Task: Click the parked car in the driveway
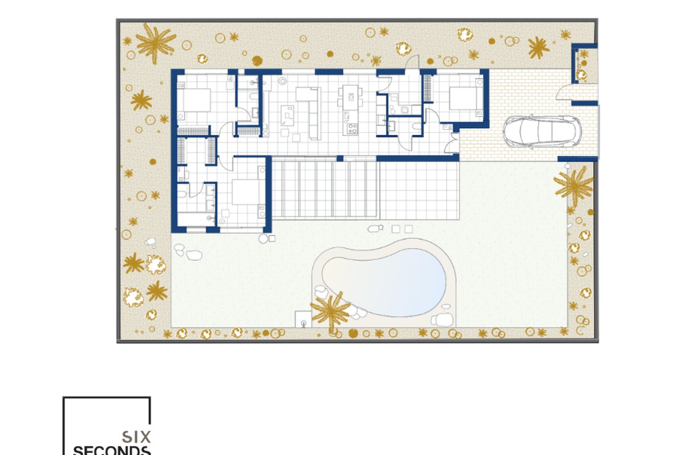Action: pos(542,131)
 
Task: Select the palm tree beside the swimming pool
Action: pos(330,311)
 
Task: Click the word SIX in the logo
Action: pos(136,437)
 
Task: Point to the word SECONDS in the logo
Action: pos(112,450)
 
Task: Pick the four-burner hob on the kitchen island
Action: pos(352,129)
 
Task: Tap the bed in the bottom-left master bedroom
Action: pos(246,192)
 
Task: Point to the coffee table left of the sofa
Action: pos(287,115)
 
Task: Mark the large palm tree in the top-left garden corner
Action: pos(156,43)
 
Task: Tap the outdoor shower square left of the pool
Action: pos(303,319)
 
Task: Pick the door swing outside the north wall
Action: pos(412,62)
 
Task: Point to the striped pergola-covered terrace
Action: pos(325,189)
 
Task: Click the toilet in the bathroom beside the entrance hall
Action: pos(415,126)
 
